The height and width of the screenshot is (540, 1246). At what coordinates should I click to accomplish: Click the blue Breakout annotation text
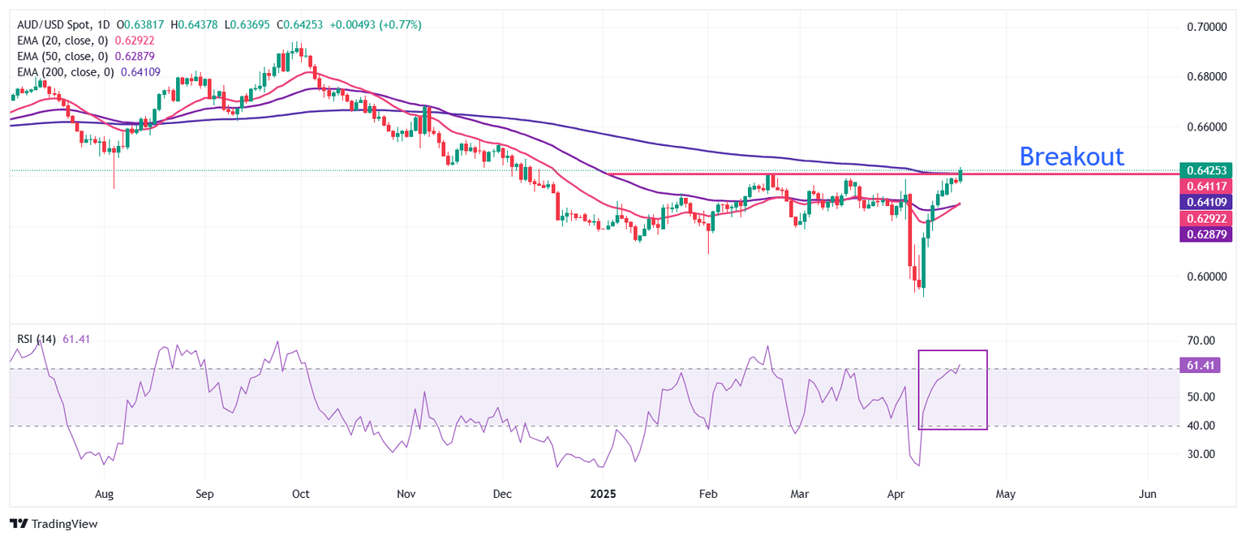[1071, 156]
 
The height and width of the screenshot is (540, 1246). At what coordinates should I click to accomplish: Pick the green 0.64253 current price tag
[1205, 170]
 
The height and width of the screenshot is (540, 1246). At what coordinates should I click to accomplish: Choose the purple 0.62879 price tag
[1205, 234]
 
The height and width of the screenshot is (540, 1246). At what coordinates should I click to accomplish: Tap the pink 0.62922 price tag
[1205, 218]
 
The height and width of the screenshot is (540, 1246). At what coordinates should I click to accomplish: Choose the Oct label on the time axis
[301, 494]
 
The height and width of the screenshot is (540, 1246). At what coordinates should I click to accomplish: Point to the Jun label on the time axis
[1147, 494]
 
